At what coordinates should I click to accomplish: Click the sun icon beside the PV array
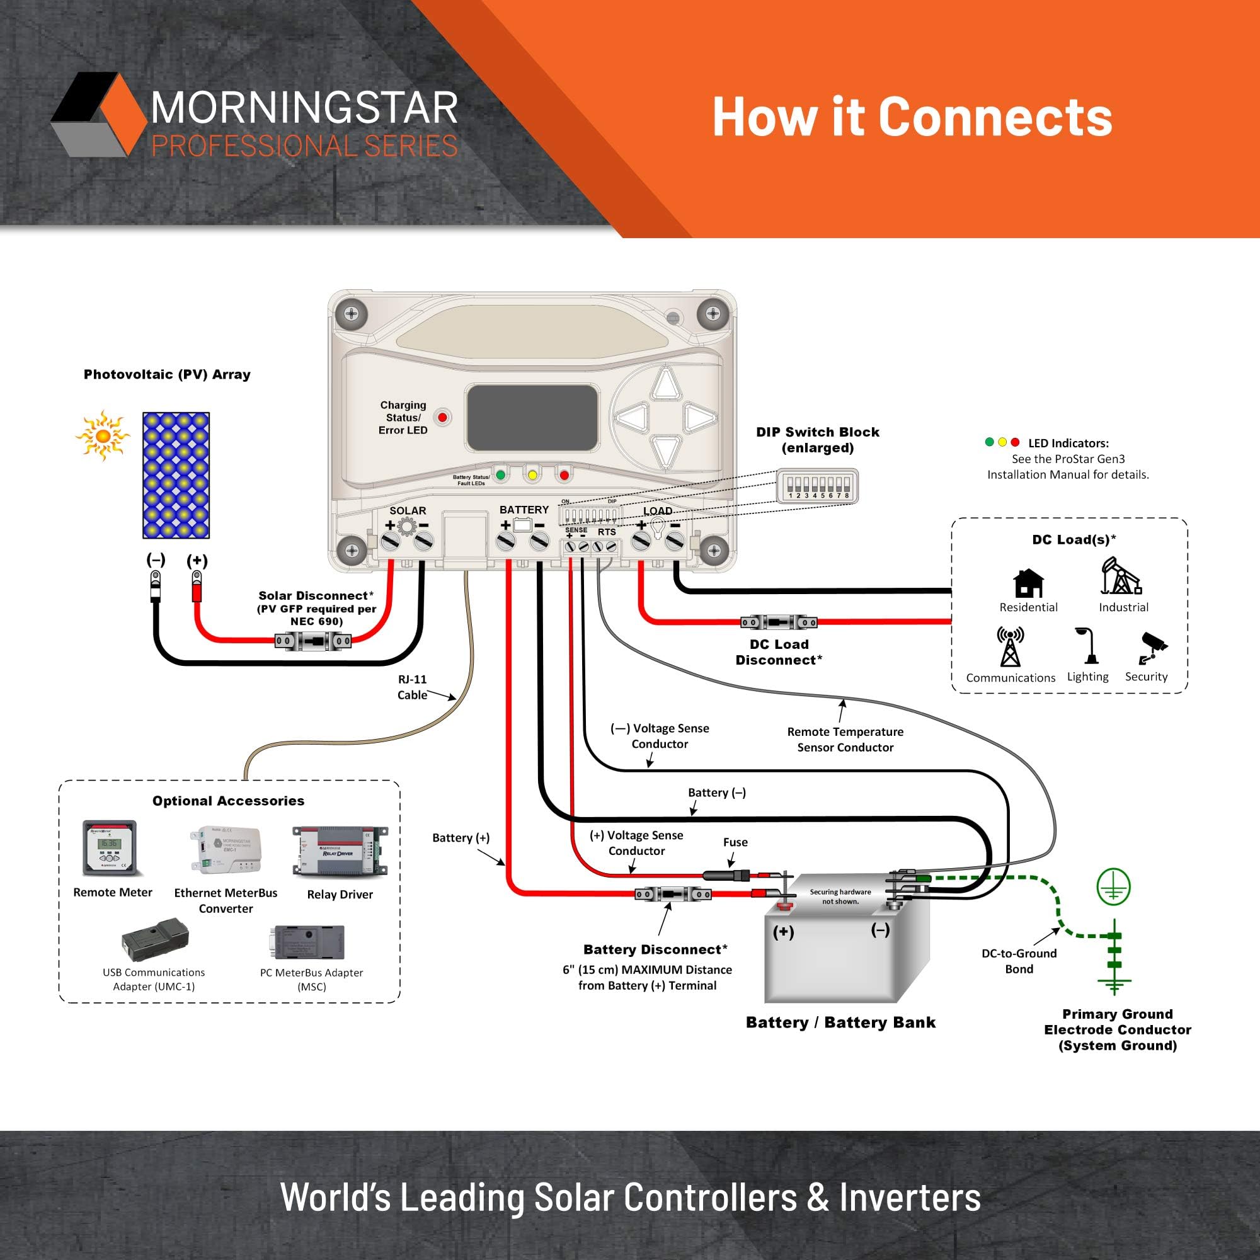[103, 436]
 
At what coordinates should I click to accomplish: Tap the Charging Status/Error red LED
[443, 418]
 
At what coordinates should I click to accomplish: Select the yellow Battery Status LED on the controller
[532, 475]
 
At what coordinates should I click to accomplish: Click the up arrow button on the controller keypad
[666, 384]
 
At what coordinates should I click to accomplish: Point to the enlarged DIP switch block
[817, 486]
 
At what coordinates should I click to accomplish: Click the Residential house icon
[1029, 583]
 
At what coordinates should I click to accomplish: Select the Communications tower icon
[1011, 646]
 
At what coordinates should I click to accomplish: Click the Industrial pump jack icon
[1121, 576]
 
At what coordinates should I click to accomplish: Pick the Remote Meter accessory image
[110, 848]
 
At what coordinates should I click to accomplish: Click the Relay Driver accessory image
[340, 851]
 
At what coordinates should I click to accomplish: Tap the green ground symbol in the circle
[1113, 887]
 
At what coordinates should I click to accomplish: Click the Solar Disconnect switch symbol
[313, 642]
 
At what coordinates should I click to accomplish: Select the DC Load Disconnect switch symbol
[779, 622]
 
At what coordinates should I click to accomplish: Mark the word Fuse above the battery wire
[735, 842]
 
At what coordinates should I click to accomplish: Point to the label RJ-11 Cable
[412, 687]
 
